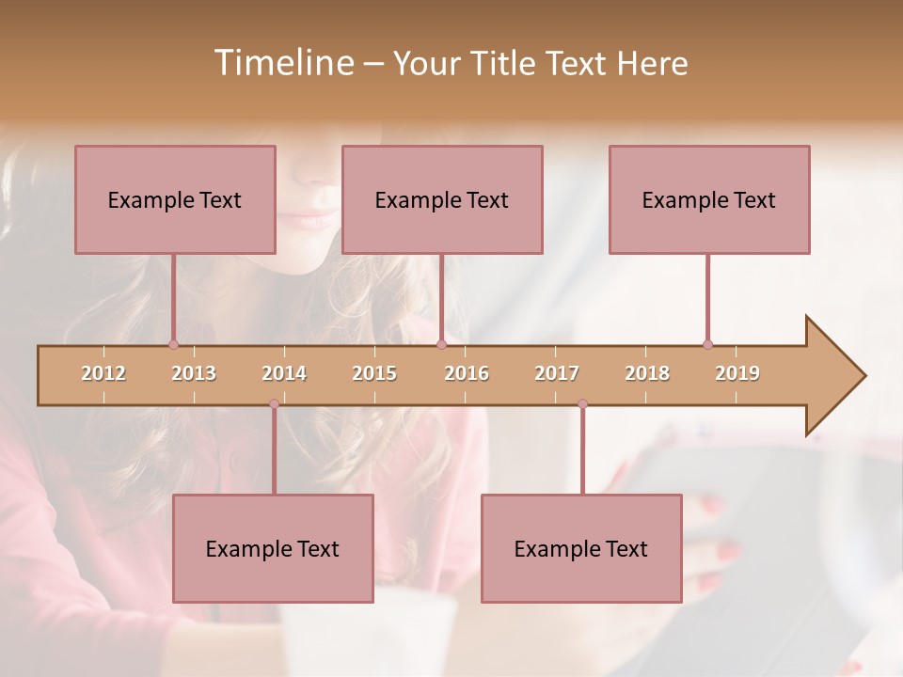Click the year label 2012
click(103, 373)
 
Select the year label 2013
click(194, 373)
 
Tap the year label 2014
click(284, 373)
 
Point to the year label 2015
click(374, 373)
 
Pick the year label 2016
click(467, 373)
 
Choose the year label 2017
click(557, 373)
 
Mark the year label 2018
click(647, 373)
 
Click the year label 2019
click(737, 373)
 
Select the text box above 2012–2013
click(175, 199)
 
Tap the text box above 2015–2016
click(442, 199)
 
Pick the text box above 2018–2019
click(709, 199)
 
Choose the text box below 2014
click(273, 548)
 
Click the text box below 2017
click(581, 548)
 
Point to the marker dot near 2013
click(173, 344)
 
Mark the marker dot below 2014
click(274, 404)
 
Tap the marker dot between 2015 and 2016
click(441, 344)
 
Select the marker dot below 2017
click(582, 404)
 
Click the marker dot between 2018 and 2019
click(707, 344)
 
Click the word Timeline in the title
click(282, 63)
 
